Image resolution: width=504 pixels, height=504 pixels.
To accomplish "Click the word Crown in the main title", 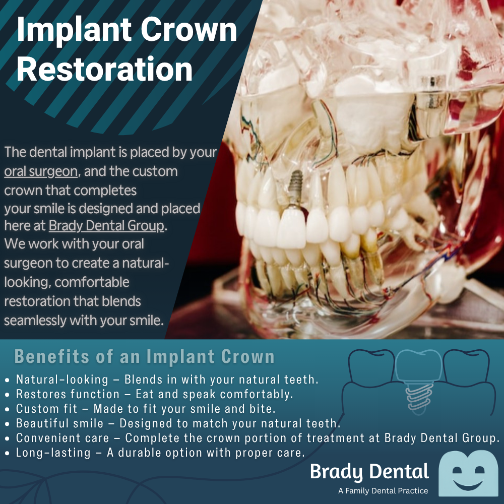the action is pos(188,30).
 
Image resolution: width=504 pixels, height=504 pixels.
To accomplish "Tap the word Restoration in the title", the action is pos(104,69).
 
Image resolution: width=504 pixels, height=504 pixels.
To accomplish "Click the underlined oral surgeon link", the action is pos(41,172).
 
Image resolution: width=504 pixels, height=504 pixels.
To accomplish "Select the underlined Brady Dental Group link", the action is pos(106,226).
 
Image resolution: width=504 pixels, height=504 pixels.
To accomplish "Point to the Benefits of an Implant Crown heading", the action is pos(144,356).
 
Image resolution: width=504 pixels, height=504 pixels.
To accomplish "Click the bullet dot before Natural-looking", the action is pos(7,380).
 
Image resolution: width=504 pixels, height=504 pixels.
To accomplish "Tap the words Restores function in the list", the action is pos(68,394).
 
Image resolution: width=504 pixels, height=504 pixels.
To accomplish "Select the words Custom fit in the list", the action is pos(47,409).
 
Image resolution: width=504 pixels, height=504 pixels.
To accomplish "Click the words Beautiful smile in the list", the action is pos(60,423).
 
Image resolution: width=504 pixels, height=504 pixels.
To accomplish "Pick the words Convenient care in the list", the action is pos(62,438).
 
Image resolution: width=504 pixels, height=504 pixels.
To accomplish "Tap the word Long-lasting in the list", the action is pos(53,453).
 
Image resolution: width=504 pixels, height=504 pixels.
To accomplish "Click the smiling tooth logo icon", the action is pos(468,473).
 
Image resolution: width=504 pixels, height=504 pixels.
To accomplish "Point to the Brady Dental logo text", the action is pos(369,472).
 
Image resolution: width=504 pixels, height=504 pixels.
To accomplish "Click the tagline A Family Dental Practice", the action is pos(383,491).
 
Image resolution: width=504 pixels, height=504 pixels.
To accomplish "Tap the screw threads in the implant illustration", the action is pos(418,398).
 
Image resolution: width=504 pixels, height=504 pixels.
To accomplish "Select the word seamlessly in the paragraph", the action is pos(35,321).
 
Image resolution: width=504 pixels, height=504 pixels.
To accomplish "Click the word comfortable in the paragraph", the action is pos(92,282).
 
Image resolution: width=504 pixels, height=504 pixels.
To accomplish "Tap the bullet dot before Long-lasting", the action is pos(7,454).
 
